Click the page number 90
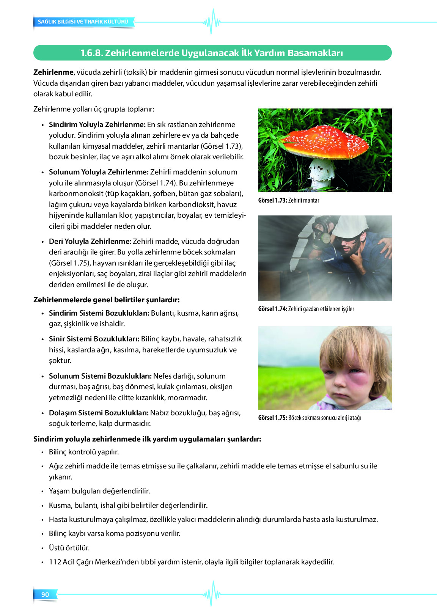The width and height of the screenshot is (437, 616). click(45, 594)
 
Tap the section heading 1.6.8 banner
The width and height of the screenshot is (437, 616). click(212, 53)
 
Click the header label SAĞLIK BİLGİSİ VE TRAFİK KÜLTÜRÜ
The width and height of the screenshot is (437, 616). click(83, 22)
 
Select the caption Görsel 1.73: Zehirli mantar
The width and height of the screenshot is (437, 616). click(289, 200)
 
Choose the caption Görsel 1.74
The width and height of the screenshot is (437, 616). click(306, 309)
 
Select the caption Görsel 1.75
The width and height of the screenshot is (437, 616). click(310, 418)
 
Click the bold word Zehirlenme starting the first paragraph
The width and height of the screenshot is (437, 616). click(53, 72)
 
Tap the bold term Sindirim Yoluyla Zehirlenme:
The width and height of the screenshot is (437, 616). click(97, 124)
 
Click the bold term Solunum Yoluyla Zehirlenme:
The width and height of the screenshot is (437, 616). click(99, 172)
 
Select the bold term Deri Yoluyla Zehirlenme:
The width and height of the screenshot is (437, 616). click(90, 241)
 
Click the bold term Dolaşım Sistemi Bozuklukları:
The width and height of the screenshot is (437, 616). click(99, 413)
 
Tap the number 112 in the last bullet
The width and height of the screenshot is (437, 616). click(55, 562)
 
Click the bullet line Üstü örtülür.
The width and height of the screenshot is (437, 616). click(69, 548)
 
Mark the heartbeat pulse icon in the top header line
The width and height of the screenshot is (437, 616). click(212, 22)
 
